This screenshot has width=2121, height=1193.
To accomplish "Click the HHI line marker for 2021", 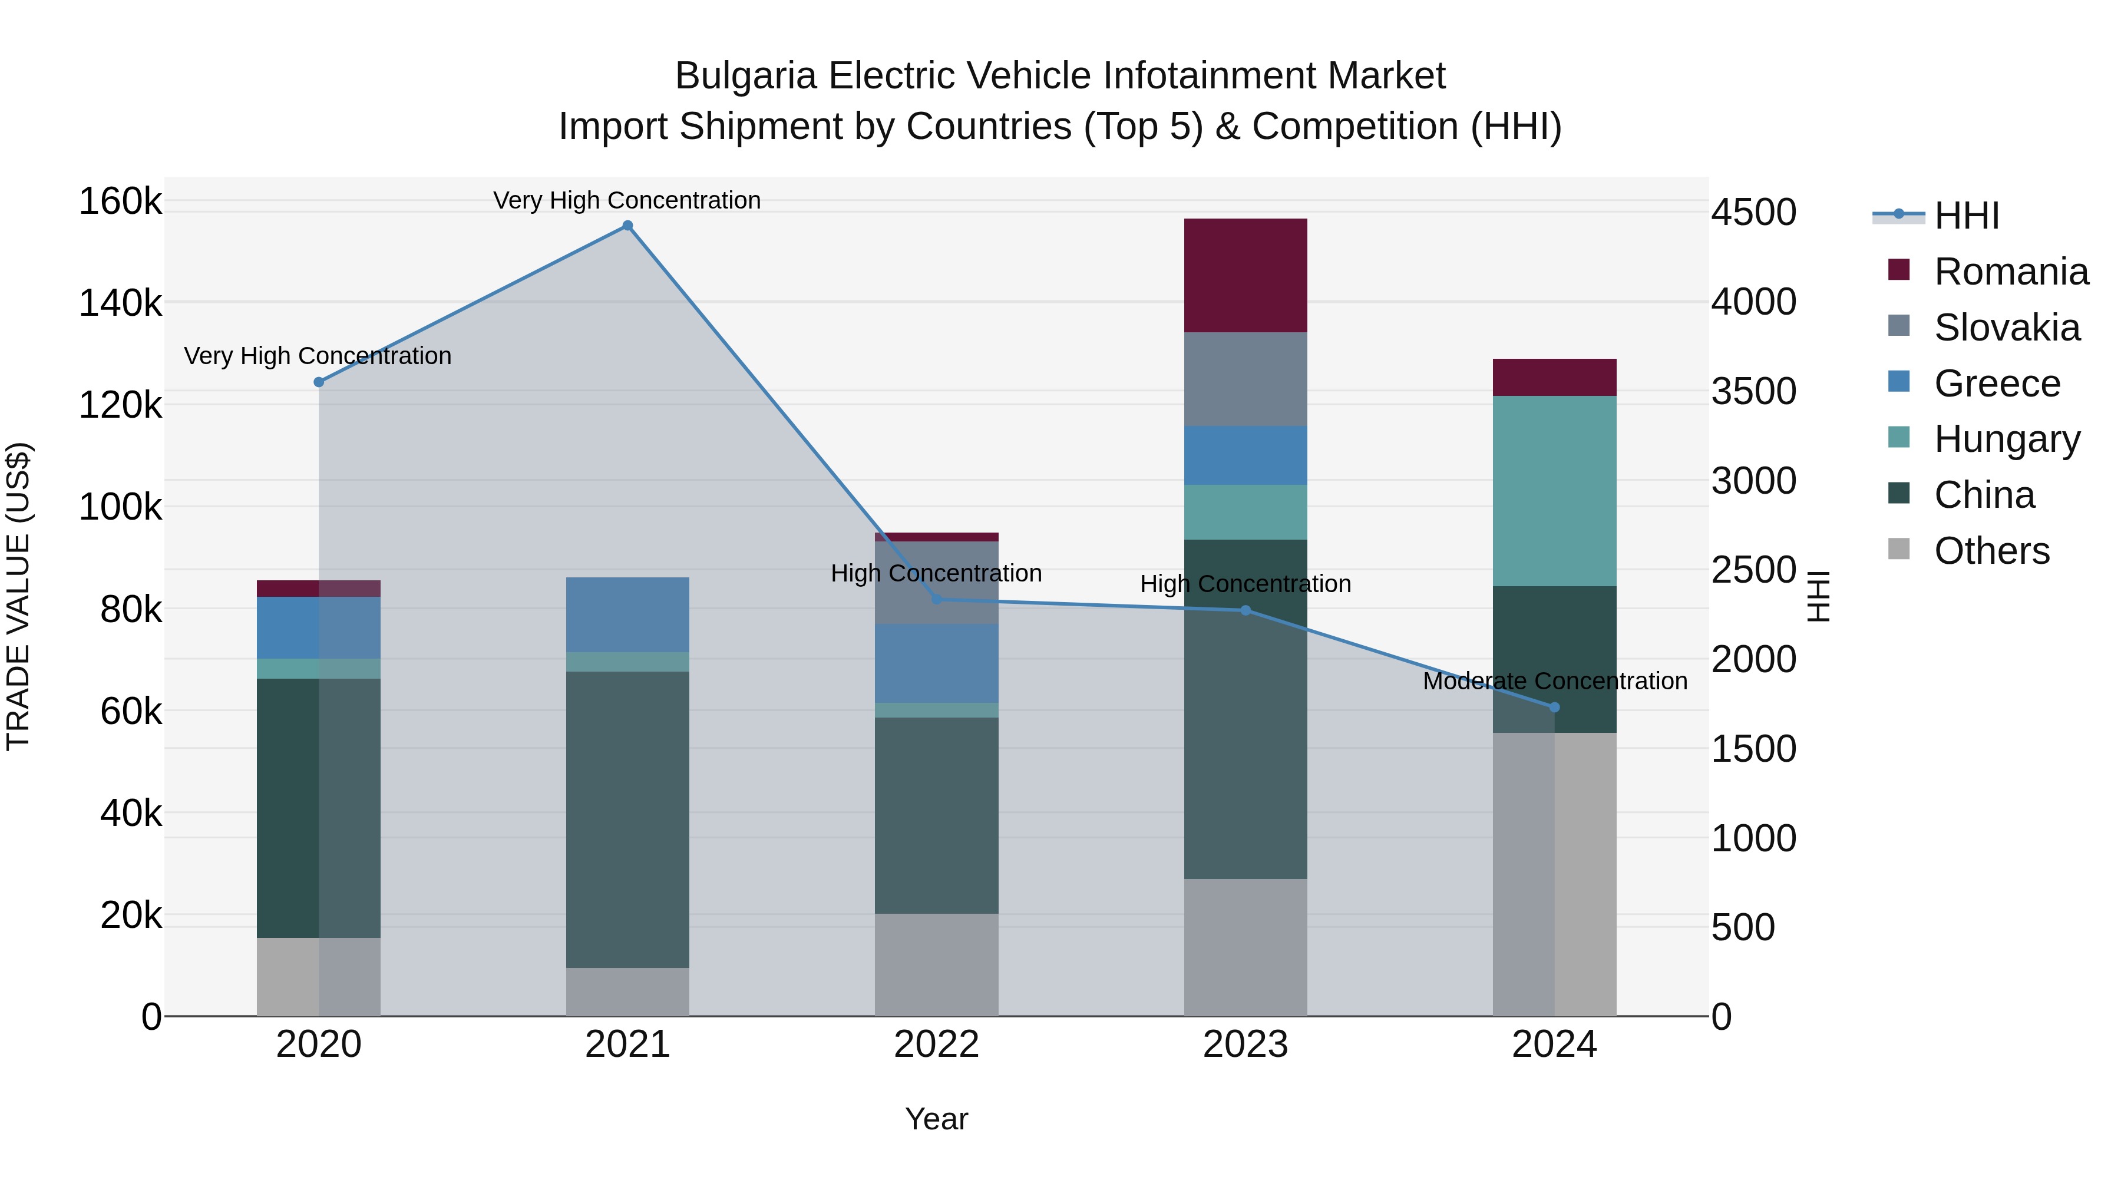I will (627, 226).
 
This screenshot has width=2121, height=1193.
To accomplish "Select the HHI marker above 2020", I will (319, 382).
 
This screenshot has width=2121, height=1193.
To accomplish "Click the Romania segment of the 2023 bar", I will (1245, 276).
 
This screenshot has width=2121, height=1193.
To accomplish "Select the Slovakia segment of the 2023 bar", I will (1245, 379).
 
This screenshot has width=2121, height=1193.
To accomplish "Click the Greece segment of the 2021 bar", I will (627, 614).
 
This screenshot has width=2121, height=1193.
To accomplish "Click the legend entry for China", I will (1984, 495).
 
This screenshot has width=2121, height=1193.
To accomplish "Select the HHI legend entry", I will (1966, 216).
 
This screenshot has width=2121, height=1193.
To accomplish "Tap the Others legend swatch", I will (1899, 549).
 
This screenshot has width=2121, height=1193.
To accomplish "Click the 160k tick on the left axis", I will (120, 201).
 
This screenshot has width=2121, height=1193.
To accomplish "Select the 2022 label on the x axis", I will (936, 1045).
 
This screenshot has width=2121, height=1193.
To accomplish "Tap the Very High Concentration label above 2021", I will (627, 200).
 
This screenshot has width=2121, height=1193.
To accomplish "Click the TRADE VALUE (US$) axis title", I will (18, 596).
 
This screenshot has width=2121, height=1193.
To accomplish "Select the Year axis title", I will (936, 1119).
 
